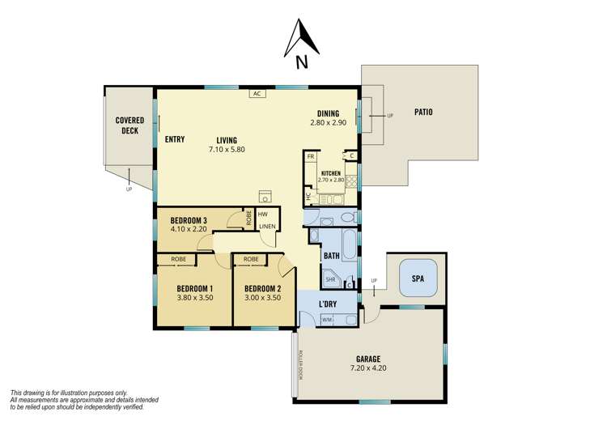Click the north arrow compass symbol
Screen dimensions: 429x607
point(301,40)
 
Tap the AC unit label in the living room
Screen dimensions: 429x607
point(258,94)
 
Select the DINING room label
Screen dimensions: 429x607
point(328,113)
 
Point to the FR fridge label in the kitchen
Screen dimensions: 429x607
point(310,156)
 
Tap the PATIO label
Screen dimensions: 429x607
point(423,112)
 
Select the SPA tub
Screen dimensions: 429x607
point(418,278)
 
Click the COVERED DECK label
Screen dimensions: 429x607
point(129,125)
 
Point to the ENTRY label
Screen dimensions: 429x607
point(174,139)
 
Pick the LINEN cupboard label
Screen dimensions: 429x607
point(268,227)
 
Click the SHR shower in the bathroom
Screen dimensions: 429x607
point(330,279)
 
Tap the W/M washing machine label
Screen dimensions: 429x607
point(327,320)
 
